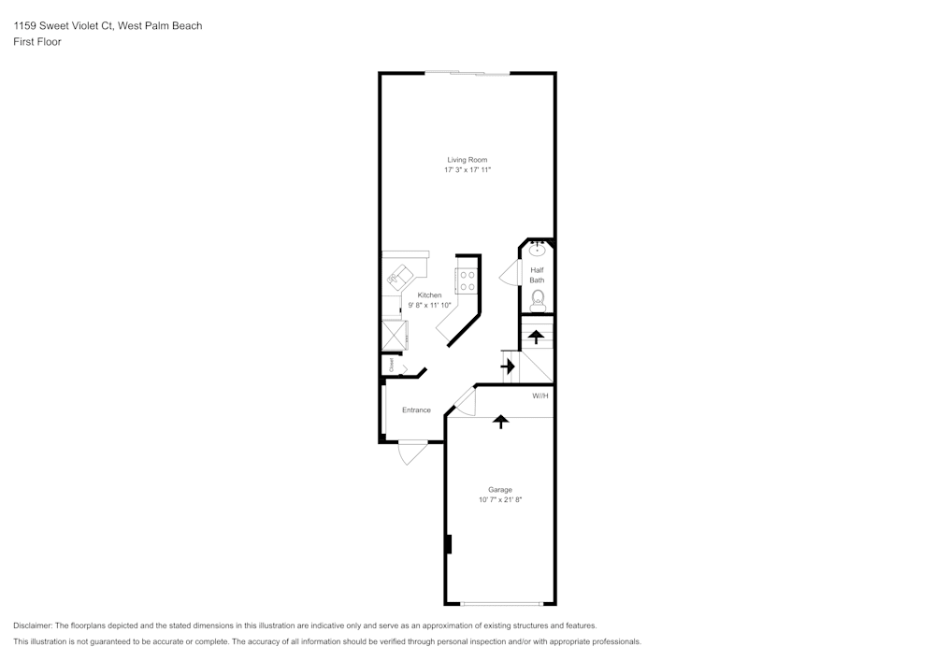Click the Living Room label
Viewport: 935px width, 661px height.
pos(467,160)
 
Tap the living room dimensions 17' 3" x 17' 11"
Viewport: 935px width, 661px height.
pos(467,170)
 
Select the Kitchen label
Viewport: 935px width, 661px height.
pos(429,295)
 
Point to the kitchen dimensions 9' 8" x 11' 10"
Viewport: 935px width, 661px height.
pos(429,305)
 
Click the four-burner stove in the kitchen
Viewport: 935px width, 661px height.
pos(467,280)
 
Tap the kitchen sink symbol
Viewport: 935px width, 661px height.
pos(399,276)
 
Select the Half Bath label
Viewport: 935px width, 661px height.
pos(537,275)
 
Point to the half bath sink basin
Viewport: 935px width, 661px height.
pos(537,250)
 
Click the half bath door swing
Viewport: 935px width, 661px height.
pos(508,274)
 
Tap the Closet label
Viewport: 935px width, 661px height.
pos(392,365)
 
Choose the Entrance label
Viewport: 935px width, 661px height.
pos(416,410)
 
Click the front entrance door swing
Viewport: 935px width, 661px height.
pos(410,453)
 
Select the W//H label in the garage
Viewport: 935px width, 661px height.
pos(540,395)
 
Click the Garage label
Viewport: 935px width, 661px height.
pos(500,490)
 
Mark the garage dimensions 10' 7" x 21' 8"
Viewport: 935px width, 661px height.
pos(500,500)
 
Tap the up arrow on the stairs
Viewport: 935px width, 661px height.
pos(536,337)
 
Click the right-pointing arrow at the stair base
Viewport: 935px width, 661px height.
pos(508,366)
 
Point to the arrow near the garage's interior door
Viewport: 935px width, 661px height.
pos(501,422)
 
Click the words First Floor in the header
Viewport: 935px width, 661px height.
pos(37,42)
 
